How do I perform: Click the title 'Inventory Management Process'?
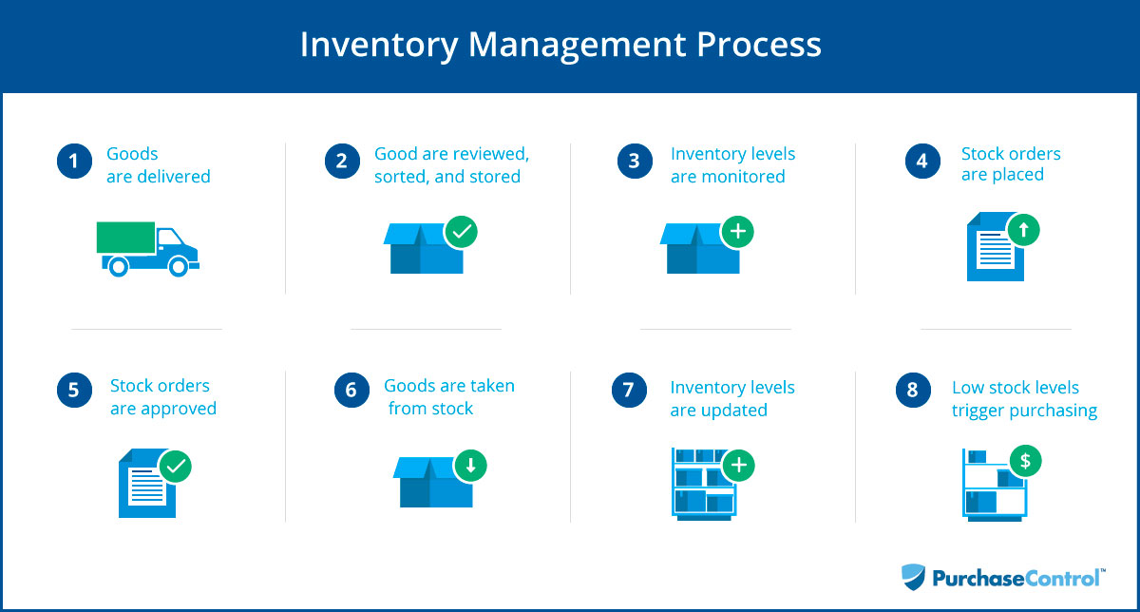(560, 45)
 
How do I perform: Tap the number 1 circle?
(73, 162)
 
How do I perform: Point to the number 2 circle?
(341, 162)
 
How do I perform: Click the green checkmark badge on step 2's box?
(461, 231)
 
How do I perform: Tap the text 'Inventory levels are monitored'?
(732, 165)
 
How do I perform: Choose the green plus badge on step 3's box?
(738, 231)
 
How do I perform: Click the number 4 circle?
(921, 162)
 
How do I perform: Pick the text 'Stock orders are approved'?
(162, 397)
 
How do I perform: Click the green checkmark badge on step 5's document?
(176, 466)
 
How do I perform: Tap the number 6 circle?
(351, 392)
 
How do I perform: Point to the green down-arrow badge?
(471, 466)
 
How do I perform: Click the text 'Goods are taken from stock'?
(449, 397)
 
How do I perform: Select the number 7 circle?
(628, 392)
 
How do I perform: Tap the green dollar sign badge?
(1025, 462)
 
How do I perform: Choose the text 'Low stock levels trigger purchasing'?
(1024, 399)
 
